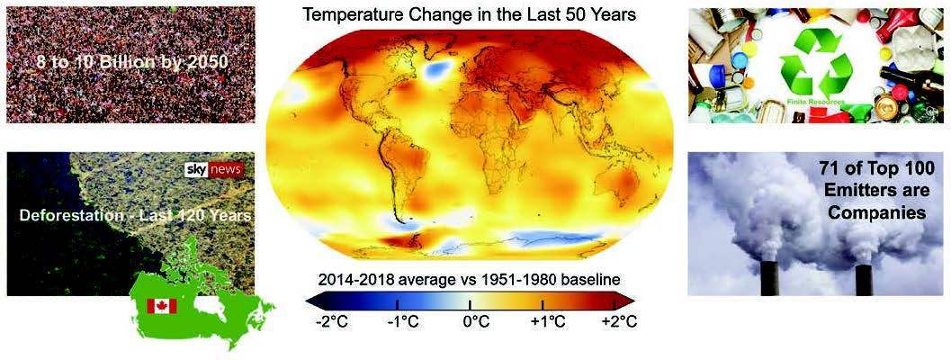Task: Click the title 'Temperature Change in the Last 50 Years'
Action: point(469,15)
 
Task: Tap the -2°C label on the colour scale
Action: point(327,322)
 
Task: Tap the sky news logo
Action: point(213,169)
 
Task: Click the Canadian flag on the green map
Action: point(162,306)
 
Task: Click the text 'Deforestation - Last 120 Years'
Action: point(136,216)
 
